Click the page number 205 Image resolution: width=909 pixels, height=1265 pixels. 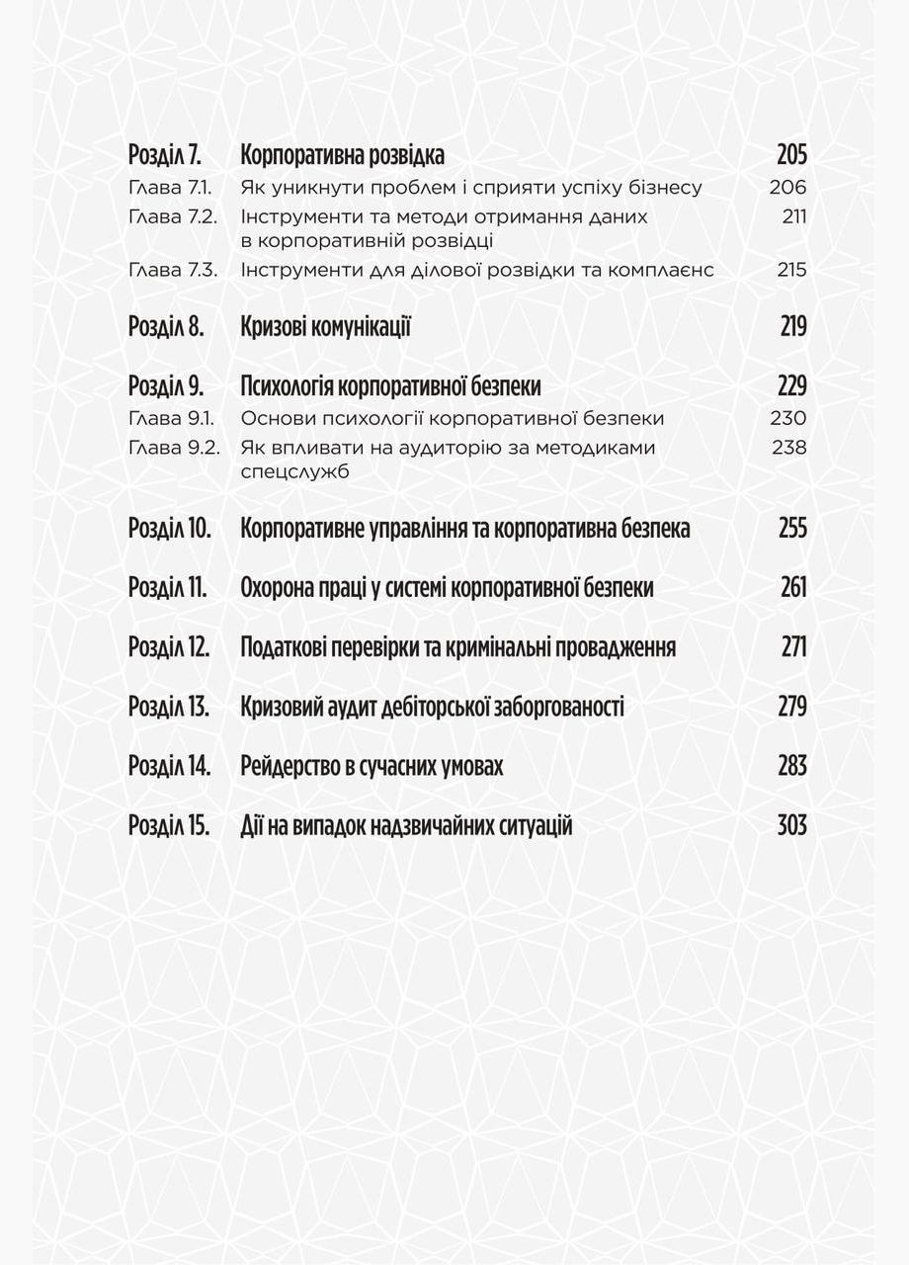coord(791,155)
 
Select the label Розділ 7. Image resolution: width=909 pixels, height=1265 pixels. coord(165,155)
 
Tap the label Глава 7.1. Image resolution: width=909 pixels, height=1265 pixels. coord(171,188)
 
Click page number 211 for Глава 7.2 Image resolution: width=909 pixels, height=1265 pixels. coord(793,216)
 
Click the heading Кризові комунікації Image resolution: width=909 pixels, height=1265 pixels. coord(325,327)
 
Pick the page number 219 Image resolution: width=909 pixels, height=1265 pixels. coord(792,327)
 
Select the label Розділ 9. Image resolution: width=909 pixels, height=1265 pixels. coord(166,386)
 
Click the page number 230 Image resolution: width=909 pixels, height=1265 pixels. coord(787,419)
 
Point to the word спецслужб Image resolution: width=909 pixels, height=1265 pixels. coord(294,472)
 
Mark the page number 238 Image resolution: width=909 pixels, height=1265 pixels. coord(788,448)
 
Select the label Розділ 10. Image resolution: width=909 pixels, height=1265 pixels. coord(170,529)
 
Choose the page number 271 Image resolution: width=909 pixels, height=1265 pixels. coord(793,647)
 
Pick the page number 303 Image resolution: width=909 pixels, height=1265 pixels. coord(791,825)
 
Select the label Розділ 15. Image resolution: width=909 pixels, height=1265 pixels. coord(169,825)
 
